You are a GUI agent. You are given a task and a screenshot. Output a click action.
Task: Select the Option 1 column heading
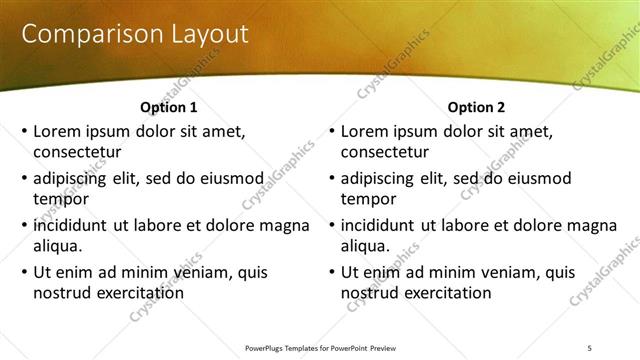pos(168,107)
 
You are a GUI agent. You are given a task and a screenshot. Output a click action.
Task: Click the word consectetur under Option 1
pos(77,153)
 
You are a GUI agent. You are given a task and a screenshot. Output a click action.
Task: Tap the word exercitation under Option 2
pos(445,293)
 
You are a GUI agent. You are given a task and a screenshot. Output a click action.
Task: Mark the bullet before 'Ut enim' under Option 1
pos(23,272)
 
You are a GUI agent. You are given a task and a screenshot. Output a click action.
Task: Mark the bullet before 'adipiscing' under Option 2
pos(331,179)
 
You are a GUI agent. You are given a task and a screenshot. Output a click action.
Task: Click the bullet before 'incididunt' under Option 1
pos(23,225)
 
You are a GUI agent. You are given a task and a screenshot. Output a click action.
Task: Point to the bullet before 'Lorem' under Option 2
pos(331,131)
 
